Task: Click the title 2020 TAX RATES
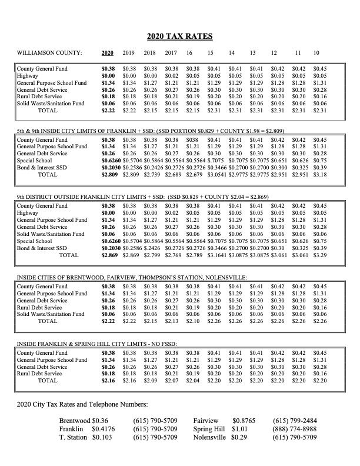tap(179, 36)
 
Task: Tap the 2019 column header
tap(128, 54)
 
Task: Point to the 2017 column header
tap(171, 54)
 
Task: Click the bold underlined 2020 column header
tap(107, 54)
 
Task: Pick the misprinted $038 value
tap(193, 140)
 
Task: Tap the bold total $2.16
tap(107, 381)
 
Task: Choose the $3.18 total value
tap(321, 175)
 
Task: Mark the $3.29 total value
tap(321, 256)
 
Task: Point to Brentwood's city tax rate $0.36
tap(101, 421)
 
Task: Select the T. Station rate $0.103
tap(102, 438)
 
